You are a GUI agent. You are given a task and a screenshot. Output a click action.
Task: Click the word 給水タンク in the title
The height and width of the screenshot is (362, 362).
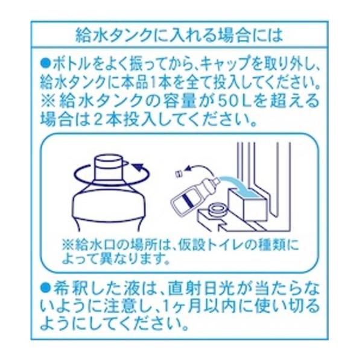[x=113, y=35]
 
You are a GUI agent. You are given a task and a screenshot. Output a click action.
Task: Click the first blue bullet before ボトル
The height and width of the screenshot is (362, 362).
[x=45, y=63]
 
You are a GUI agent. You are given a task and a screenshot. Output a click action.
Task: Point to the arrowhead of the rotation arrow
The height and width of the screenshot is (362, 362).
[x=139, y=167]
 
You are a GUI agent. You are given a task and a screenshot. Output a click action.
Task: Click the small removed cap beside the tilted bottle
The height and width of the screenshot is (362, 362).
[x=179, y=173]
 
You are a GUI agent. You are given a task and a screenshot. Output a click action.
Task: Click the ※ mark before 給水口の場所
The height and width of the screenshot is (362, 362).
[x=68, y=246]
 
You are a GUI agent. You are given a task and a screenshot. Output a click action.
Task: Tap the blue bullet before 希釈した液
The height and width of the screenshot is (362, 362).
[x=45, y=288]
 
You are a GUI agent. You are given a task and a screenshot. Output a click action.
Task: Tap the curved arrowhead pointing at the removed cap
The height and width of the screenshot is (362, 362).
[x=190, y=168]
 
